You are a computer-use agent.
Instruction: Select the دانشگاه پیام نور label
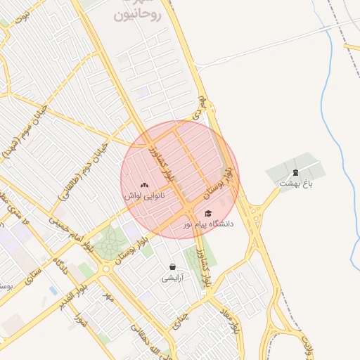208,224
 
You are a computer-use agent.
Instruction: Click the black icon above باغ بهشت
295,172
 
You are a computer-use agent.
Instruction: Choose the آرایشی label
173,278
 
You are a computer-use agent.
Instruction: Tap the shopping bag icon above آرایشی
173,267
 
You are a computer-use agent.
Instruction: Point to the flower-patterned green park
109,245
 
